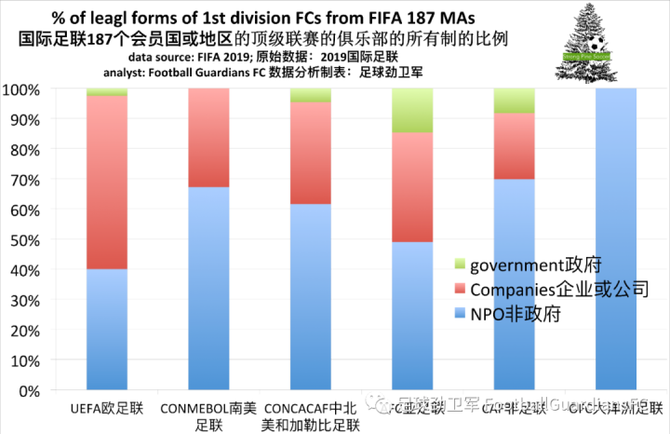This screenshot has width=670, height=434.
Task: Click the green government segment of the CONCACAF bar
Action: point(324,95)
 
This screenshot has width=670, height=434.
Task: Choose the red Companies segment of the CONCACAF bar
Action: point(324,153)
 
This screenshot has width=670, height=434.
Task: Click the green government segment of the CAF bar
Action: point(527,101)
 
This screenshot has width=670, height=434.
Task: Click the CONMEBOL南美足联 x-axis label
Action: point(203,416)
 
